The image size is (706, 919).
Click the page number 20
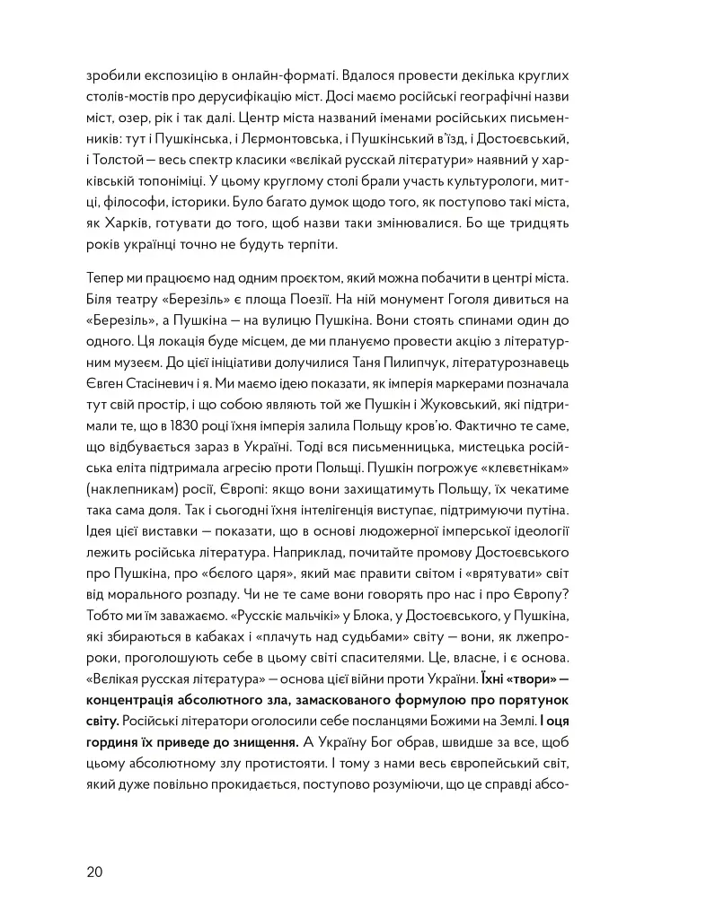[x=95, y=871]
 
